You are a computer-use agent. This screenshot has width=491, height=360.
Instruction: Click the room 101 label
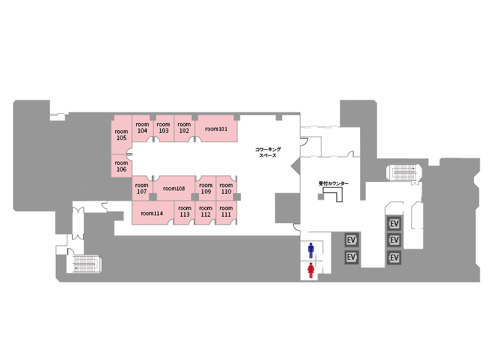(x=216, y=129)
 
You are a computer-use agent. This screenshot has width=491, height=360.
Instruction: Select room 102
(x=184, y=128)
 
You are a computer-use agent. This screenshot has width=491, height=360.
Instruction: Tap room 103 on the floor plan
(x=164, y=128)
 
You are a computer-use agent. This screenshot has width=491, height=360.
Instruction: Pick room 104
(x=143, y=128)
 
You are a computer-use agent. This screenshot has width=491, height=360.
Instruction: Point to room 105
(x=121, y=135)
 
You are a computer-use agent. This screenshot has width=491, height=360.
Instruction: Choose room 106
(x=121, y=166)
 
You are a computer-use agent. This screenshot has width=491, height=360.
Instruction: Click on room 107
(x=142, y=189)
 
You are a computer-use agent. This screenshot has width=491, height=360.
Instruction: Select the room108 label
(x=174, y=189)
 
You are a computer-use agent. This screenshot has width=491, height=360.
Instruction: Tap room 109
(x=206, y=189)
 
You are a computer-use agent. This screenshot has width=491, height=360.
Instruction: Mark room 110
(x=226, y=189)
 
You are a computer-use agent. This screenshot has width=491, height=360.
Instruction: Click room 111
(x=226, y=211)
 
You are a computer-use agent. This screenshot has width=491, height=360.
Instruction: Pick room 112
(x=206, y=211)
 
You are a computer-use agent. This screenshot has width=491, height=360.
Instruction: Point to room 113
(x=185, y=211)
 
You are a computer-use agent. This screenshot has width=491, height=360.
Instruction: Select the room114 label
(x=152, y=213)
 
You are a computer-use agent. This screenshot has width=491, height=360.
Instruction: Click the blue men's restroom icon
(x=311, y=250)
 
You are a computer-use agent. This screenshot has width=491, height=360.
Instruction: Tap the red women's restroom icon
(x=311, y=270)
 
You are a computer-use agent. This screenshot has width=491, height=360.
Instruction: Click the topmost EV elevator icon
(x=394, y=224)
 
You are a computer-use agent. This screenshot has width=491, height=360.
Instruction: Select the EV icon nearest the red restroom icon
(x=352, y=257)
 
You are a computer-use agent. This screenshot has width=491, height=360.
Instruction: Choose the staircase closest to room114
(x=84, y=264)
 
